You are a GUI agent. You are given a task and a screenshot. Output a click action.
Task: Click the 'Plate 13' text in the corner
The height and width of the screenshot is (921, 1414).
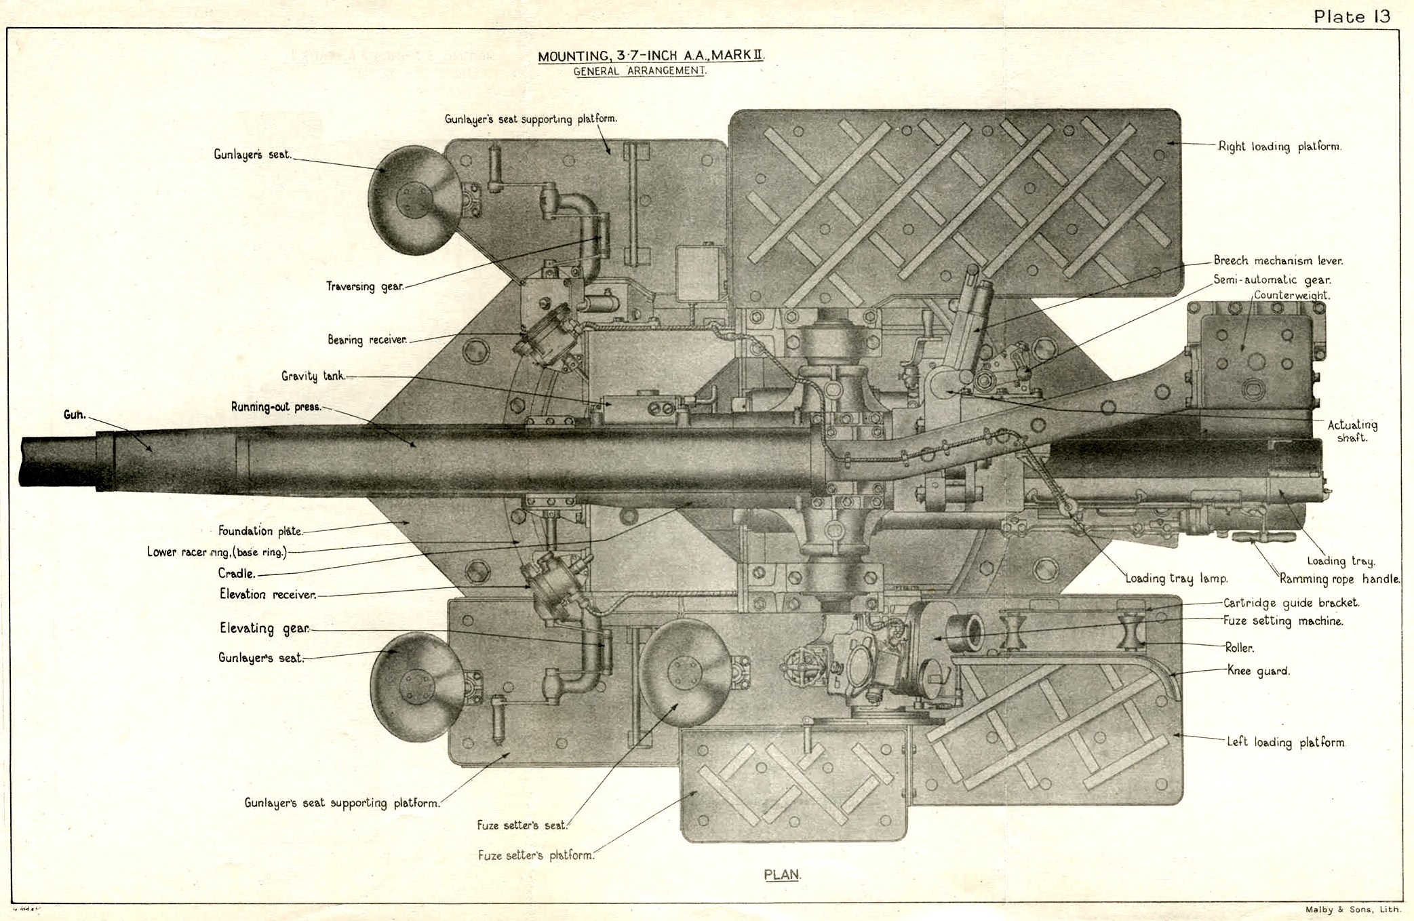1352,16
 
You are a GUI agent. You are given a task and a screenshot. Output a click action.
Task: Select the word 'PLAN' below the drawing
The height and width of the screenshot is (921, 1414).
782,874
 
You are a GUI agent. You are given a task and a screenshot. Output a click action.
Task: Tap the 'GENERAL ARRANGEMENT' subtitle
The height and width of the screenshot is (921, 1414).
640,71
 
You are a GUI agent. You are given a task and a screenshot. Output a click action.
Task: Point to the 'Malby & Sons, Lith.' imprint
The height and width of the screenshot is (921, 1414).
1352,910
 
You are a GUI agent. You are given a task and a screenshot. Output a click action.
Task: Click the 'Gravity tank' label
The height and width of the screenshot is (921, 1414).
313,376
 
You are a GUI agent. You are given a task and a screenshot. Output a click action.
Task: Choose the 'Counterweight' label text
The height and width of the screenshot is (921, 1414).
1291,295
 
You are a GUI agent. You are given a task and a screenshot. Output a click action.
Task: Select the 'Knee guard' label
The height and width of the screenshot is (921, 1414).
1258,671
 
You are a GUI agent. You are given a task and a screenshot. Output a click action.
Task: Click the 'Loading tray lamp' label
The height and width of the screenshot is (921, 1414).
1177,579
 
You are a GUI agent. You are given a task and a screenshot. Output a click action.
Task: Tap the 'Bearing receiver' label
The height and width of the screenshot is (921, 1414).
367,339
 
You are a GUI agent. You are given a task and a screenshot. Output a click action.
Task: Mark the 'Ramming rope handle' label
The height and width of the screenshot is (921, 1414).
1339,579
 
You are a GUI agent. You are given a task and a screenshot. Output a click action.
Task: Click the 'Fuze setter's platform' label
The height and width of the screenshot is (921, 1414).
536,855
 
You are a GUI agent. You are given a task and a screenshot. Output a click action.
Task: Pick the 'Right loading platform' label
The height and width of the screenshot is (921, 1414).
1280,146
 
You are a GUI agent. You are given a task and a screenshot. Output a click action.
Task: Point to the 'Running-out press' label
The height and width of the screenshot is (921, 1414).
275,407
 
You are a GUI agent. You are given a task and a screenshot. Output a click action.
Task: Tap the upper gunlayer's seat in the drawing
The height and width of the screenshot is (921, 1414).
413,200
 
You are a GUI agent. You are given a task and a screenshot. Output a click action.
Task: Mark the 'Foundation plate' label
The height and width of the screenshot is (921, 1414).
260,531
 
